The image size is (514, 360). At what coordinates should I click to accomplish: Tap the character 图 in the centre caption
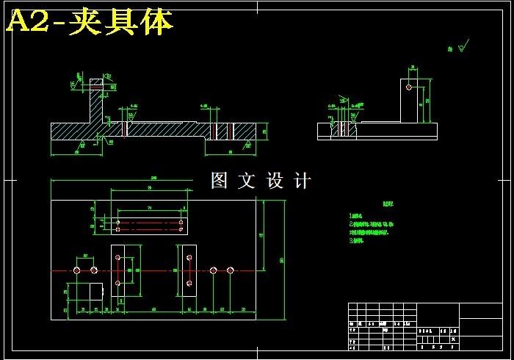220,181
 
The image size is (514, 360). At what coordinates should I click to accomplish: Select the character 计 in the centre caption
303,181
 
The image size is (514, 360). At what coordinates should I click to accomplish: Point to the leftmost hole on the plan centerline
77,270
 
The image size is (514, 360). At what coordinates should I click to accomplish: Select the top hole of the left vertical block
118,257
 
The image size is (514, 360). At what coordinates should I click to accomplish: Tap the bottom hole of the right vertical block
189,283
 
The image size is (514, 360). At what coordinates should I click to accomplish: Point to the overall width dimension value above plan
153,178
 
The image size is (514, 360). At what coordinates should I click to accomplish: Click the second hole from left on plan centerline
94,270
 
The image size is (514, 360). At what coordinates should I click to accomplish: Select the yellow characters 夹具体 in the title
120,23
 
